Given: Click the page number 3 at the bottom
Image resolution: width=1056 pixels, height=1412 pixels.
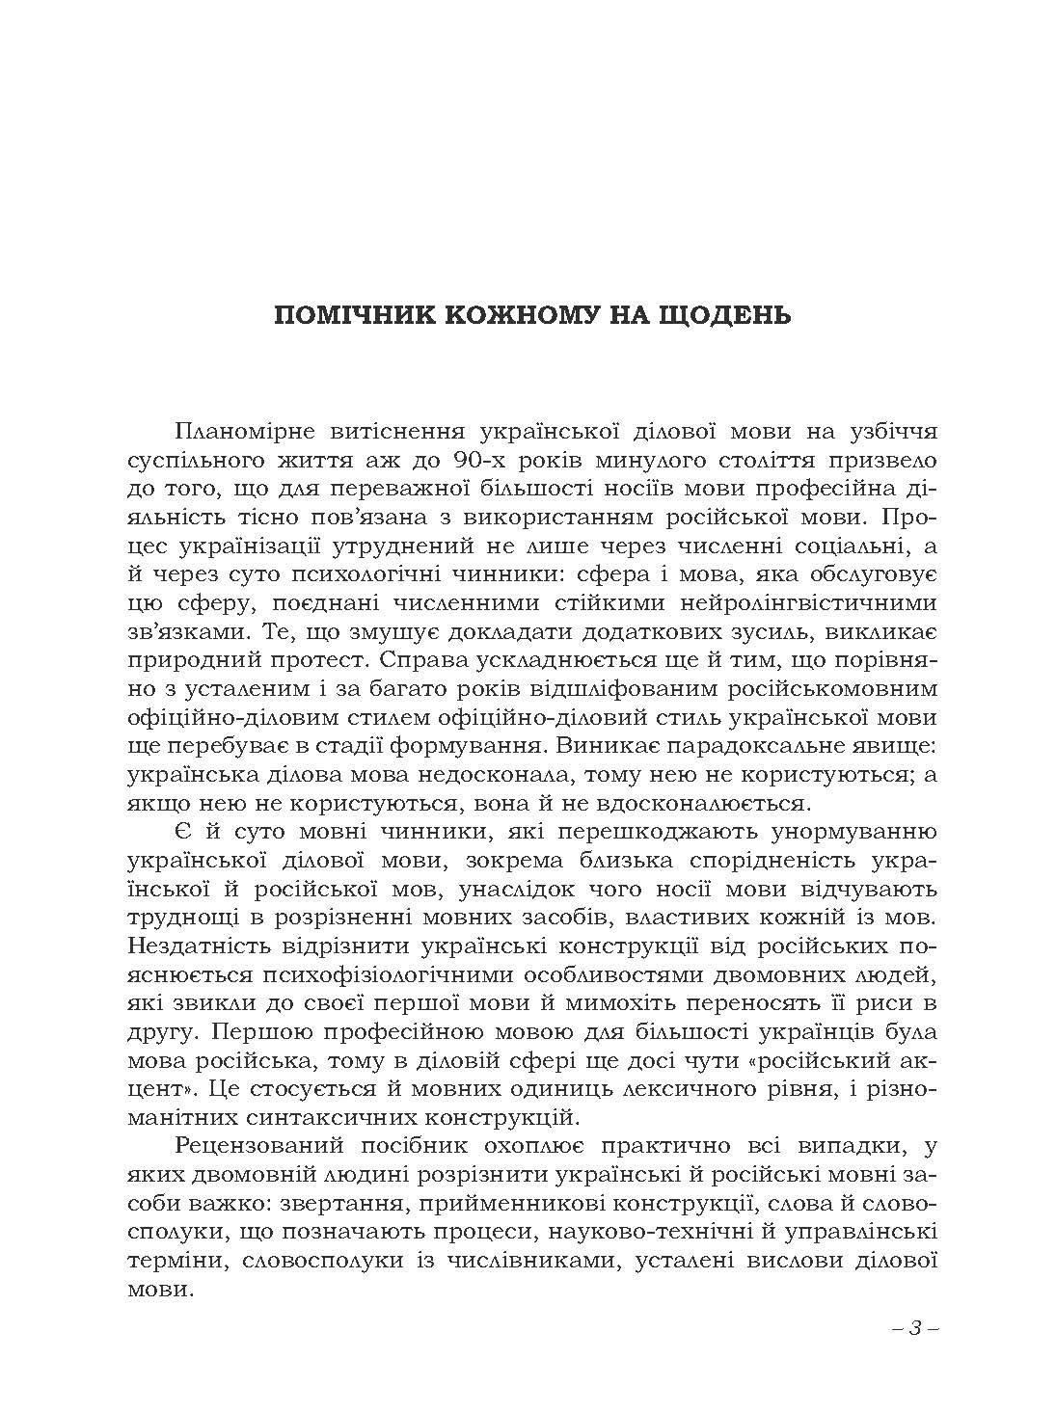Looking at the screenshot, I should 914,1327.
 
